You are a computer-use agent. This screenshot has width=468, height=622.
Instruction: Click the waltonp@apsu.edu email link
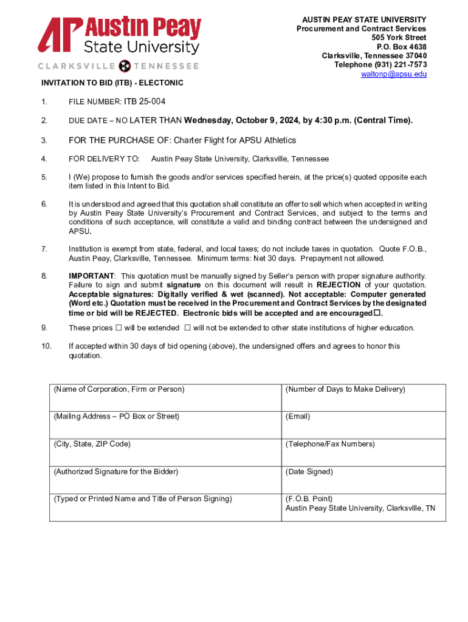pyautogui.click(x=394, y=74)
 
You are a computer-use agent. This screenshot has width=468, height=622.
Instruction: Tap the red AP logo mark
pyautogui.click(x=60, y=35)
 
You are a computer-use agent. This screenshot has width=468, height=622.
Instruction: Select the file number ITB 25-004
pyautogui.click(x=145, y=101)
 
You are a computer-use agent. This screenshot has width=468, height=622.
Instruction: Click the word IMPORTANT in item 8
pyautogui.click(x=91, y=276)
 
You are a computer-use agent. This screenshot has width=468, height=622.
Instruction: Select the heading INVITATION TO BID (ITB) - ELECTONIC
pyautogui.click(x=112, y=83)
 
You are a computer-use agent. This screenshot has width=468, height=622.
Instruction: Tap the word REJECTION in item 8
pyautogui.click(x=339, y=285)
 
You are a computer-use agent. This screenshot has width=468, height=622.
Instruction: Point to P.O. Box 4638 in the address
pyautogui.click(x=401, y=47)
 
